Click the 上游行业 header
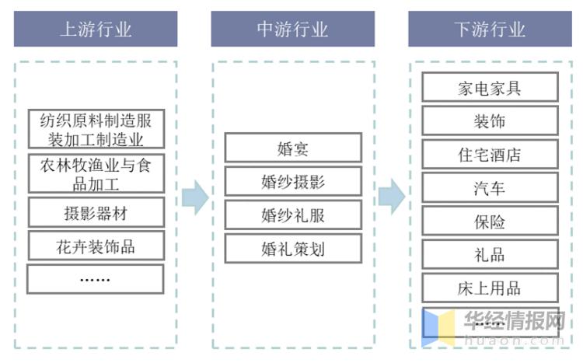96,30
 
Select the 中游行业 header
292,30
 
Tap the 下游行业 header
490,30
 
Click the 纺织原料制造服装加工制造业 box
96,130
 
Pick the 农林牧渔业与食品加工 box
96,174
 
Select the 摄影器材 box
96,212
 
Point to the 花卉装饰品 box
96,246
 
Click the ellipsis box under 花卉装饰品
96,279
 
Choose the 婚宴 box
293,148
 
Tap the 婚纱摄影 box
293,181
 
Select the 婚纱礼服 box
293,215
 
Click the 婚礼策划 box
293,248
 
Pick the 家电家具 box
490,87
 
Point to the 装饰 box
490,120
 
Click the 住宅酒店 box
490,154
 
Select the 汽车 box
490,187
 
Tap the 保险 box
490,221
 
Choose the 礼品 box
490,254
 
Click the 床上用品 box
490,288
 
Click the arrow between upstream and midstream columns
194,197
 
